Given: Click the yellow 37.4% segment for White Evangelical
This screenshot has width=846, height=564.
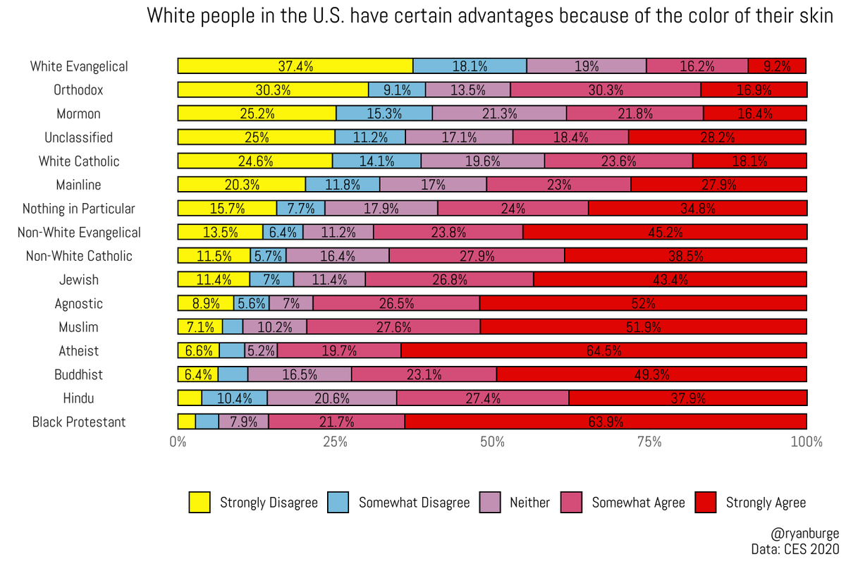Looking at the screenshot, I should coord(295,66).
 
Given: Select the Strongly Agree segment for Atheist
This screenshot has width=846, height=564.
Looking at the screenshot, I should coord(603,350).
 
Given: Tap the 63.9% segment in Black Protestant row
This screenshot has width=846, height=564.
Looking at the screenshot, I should coord(606,422).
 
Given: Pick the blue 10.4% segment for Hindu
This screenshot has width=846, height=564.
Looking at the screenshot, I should coord(234,398).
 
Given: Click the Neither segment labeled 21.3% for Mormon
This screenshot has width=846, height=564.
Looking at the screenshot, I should coord(499,114).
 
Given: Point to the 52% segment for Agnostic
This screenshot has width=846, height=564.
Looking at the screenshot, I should coord(643,303).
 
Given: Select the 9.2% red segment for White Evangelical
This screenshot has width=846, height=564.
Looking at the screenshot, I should coord(777,66).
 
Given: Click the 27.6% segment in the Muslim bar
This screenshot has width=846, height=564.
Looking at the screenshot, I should coord(393,327).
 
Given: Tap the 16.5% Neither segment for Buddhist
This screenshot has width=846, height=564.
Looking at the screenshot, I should coord(300,374).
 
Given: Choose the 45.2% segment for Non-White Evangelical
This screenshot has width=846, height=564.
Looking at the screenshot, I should coord(665,232).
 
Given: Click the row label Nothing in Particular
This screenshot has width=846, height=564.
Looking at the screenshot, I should coord(79,209).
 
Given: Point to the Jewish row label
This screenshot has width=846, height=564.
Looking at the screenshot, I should coord(78,280).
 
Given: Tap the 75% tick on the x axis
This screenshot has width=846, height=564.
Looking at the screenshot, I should coord(649,443).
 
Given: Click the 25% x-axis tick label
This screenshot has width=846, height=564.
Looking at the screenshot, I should coord(335,443).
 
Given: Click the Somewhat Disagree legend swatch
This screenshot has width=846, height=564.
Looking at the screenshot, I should coord(338,503).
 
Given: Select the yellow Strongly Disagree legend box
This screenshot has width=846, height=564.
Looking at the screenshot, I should coord(200,503).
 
